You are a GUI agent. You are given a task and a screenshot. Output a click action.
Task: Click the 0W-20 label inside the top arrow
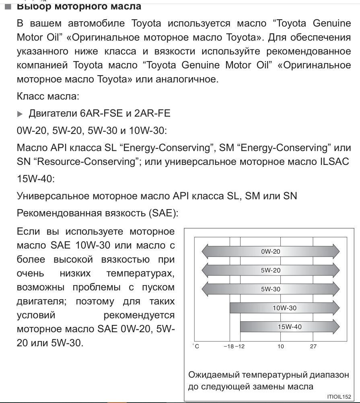(x=270, y=252)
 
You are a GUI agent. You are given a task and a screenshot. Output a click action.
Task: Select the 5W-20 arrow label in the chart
(x=270, y=270)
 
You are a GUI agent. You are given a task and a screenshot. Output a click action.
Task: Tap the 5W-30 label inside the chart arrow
(x=270, y=289)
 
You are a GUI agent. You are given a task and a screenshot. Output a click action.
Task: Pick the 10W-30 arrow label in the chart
(x=284, y=308)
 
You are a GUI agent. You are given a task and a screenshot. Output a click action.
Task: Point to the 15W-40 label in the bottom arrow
(x=290, y=327)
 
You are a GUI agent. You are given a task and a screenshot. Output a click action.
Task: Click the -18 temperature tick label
(x=228, y=346)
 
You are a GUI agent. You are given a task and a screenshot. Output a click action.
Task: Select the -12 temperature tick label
(x=240, y=346)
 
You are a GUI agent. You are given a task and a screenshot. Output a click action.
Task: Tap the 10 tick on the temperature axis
(x=281, y=346)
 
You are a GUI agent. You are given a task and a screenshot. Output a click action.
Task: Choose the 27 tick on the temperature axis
(x=313, y=346)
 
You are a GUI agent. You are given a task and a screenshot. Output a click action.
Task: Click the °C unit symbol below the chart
(x=195, y=346)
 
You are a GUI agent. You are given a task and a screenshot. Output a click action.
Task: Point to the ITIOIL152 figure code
(x=339, y=397)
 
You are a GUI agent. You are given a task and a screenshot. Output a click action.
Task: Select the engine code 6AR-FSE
(x=101, y=113)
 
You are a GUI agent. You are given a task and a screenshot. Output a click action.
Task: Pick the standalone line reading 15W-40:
(x=35, y=179)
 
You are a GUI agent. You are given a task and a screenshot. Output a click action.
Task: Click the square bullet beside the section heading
(x=7, y=6)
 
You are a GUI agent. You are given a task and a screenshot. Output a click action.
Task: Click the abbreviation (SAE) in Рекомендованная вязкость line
(x=163, y=213)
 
